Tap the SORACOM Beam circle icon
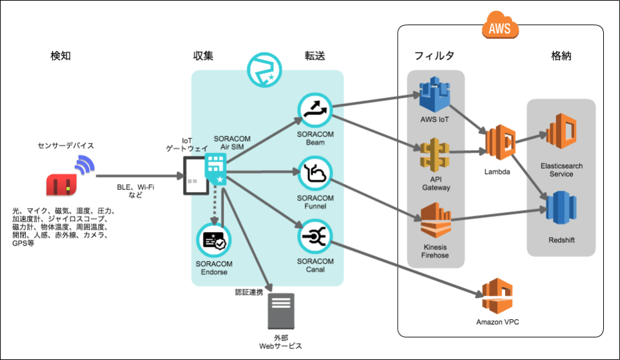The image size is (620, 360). (315, 110)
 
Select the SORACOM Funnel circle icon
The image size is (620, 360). (315, 173)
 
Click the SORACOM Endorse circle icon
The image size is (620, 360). (214, 240)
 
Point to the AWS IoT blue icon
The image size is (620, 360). (433, 94)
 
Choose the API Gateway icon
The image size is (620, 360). (433, 155)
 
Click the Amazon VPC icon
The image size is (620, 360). (497, 296)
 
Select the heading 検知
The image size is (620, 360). (61, 56)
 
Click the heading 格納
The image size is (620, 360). (561, 56)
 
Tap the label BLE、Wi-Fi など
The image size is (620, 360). (136, 191)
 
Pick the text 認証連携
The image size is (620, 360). (249, 292)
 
